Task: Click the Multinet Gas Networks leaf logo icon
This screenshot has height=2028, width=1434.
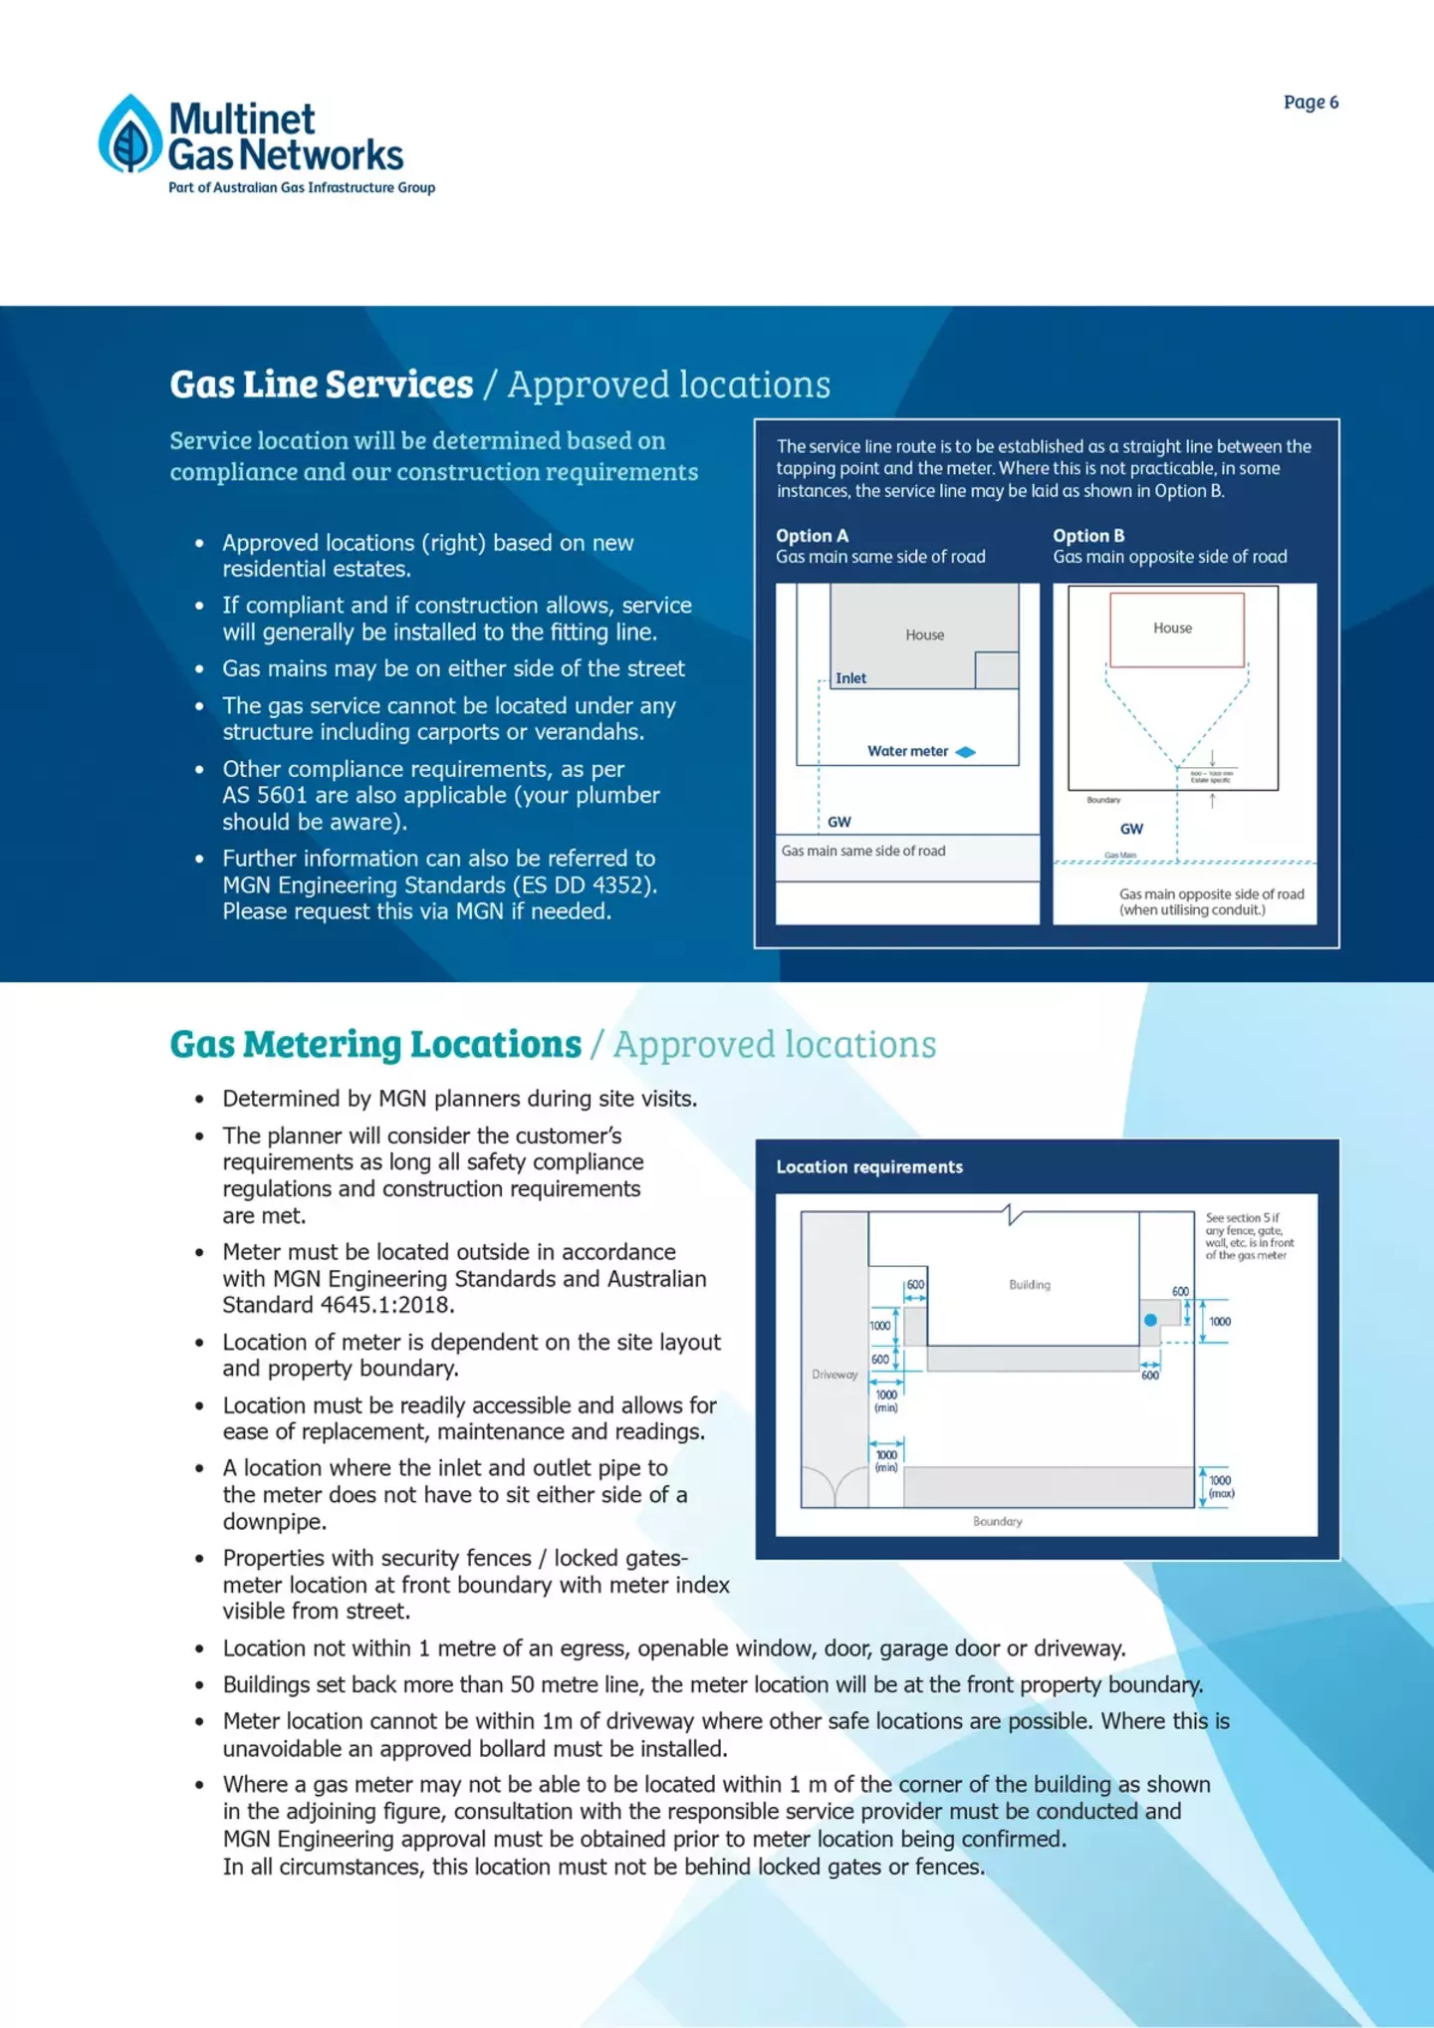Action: [130, 135]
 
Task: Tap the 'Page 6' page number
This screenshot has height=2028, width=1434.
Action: [1311, 103]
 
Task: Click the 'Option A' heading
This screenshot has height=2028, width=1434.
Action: [812, 536]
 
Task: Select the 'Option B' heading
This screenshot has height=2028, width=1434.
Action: [1088, 536]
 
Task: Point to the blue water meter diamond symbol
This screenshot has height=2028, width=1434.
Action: [965, 752]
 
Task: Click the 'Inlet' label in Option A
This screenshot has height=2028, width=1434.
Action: [850, 678]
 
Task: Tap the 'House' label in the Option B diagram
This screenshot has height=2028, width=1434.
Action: [1172, 629]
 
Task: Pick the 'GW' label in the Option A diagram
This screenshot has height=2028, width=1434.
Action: [839, 822]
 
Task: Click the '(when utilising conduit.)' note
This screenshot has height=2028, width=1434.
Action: [1192, 909]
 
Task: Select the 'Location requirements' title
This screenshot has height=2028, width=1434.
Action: [869, 1167]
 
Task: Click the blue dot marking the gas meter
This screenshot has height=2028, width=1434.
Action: [1150, 1320]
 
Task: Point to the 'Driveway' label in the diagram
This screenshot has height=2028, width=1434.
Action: [835, 1375]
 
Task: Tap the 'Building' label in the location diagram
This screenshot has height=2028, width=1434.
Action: [1030, 1285]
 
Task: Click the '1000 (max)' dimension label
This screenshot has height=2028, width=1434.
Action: [1221, 1487]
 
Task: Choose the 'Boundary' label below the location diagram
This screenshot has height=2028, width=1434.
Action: [998, 1522]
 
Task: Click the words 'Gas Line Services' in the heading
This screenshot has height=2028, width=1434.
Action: [322, 384]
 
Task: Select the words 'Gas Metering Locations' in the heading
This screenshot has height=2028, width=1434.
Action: [375, 1045]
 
